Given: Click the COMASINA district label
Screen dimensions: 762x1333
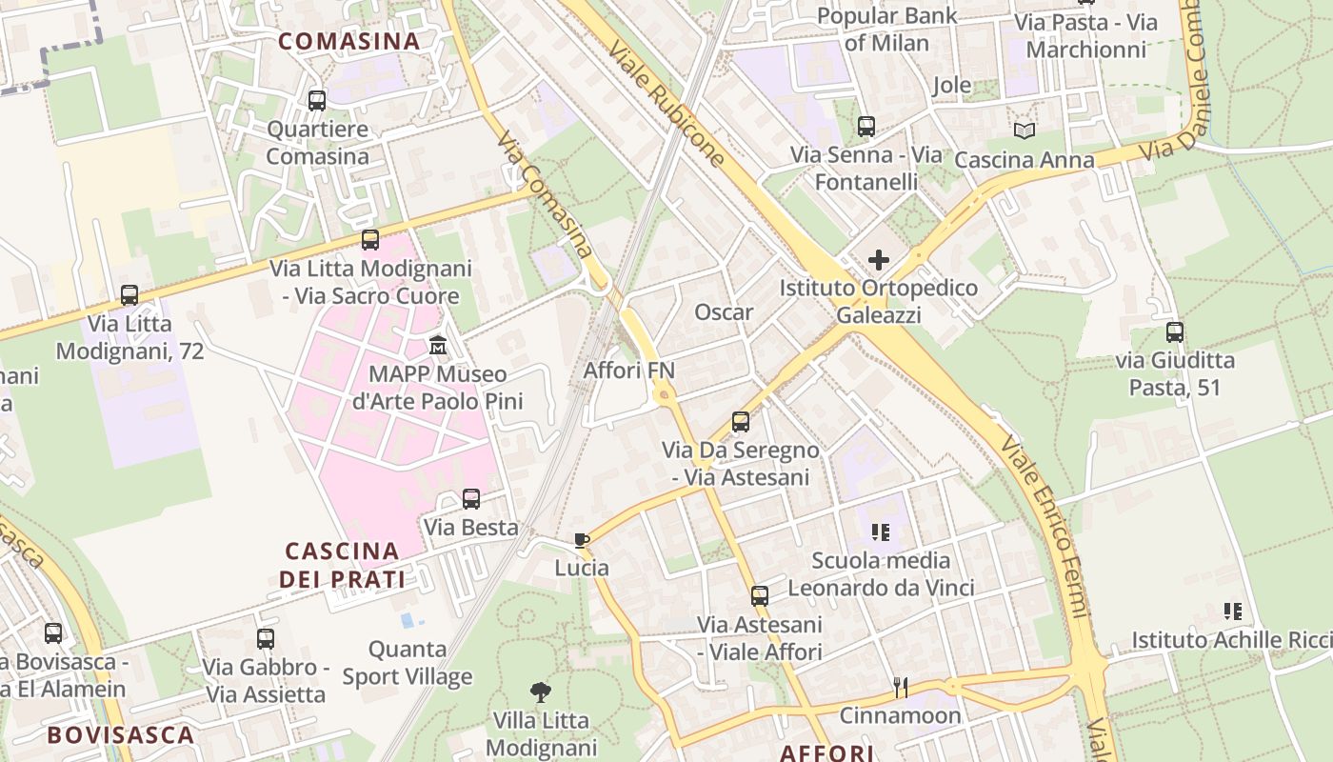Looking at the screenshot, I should click(x=348, y=41).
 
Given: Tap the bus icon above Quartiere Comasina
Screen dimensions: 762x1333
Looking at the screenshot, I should click(x=317, y=100).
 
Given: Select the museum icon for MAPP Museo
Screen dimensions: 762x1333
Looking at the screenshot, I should click(x=438, y=345).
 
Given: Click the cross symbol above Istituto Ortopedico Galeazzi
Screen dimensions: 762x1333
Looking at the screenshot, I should click(x=879, y=259).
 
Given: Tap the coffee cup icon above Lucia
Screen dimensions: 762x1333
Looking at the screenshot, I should click(x=582, y=540).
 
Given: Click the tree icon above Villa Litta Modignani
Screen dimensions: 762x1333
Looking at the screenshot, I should click(x=541, y=692).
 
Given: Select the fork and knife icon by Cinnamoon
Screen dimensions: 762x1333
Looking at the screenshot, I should click(x=901, y=686).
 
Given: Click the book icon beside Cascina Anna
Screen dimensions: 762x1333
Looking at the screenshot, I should click(x=1025, y=131).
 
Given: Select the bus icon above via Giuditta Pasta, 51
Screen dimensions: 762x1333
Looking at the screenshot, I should click(x=1175, y=332).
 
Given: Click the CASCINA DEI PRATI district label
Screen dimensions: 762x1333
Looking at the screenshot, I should click(x=342, y=565).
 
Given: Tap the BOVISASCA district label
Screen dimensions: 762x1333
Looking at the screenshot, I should click(x=121, y=734).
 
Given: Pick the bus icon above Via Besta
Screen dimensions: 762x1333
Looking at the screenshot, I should click(x=471, y=499).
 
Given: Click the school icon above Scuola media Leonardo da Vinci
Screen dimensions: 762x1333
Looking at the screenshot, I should click(x=881, y=532).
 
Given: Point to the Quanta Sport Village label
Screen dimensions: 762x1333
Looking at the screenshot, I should click(x=408, y=663).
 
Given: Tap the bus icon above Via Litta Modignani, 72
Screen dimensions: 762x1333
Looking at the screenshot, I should click(x=129, y=295).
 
